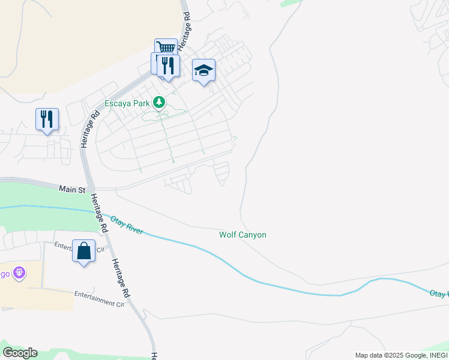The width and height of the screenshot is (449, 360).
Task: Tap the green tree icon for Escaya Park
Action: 159,103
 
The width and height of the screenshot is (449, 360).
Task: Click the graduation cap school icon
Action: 203,70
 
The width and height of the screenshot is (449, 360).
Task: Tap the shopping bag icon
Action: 83,250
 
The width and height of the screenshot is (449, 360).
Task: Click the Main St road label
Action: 72,189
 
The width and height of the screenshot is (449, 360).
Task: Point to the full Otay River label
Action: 127,223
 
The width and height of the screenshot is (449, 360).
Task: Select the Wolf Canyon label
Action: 242,235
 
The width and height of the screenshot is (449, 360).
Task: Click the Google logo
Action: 20,353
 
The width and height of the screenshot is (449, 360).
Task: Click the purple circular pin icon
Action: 19,273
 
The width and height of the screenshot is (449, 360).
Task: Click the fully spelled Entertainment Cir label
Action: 98,299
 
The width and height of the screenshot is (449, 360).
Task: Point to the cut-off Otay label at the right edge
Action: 439,294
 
